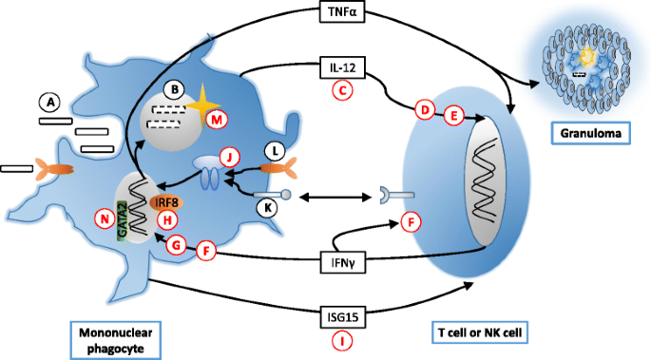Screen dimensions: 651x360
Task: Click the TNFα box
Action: (x=342, y=11)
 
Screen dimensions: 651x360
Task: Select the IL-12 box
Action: (x=342, y=67)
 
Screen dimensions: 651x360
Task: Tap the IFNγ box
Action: (x=342, y=262)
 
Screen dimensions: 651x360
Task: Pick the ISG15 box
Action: (x=342, y=317)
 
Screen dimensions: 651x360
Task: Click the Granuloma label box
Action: (x=591, y=133)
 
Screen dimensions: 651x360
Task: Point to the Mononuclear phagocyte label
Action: (x=116, y=340)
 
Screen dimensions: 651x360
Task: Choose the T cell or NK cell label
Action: (x=480, y=332)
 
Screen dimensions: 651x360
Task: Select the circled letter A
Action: (x=50, y=102)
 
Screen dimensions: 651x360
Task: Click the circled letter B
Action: (x=175, y=90)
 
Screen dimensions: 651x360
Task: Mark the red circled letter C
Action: (x=342, y=91)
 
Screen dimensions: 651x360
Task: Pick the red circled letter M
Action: (x=217, y=120)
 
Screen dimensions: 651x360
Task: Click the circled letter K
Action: (x=267, y=208)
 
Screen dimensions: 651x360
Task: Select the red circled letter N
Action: (x=105, y=218)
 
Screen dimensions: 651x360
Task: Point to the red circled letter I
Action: (x=342, y=341)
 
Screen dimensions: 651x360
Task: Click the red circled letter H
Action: (x=167, y=219)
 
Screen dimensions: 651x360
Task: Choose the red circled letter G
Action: (x=177, y=245)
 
